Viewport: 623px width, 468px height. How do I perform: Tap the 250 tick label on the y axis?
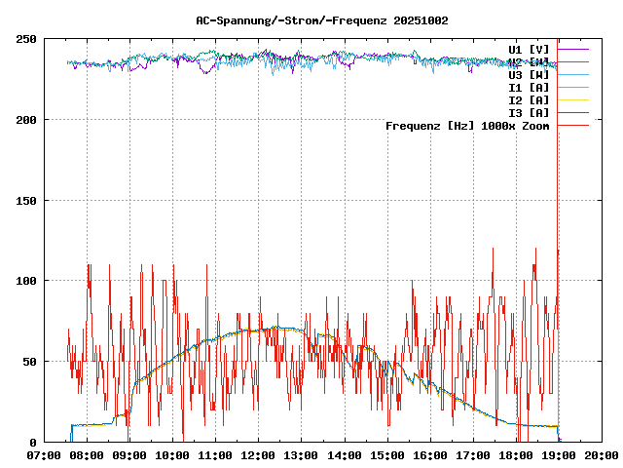click(26, 39)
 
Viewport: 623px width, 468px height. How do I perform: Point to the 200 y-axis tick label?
click(26, 120)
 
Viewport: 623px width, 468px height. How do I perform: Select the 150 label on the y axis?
click(26, 201)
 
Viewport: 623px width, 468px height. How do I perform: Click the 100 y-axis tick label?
click(26, 281)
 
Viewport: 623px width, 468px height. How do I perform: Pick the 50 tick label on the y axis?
click(29, 362)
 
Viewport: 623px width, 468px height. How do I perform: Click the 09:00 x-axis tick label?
click(129, 455)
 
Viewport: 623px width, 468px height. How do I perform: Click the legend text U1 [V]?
click(529, 49)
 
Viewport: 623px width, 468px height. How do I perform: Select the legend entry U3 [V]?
click(529, 74)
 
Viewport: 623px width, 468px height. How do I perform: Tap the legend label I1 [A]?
click(529, 87)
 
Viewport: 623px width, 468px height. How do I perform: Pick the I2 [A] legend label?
click(529, 99)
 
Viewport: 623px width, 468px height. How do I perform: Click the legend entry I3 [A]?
click(529, 112)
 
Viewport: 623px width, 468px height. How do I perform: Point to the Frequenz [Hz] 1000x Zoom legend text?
click(467, 126)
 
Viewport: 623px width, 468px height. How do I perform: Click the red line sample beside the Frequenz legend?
click(573, 126)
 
